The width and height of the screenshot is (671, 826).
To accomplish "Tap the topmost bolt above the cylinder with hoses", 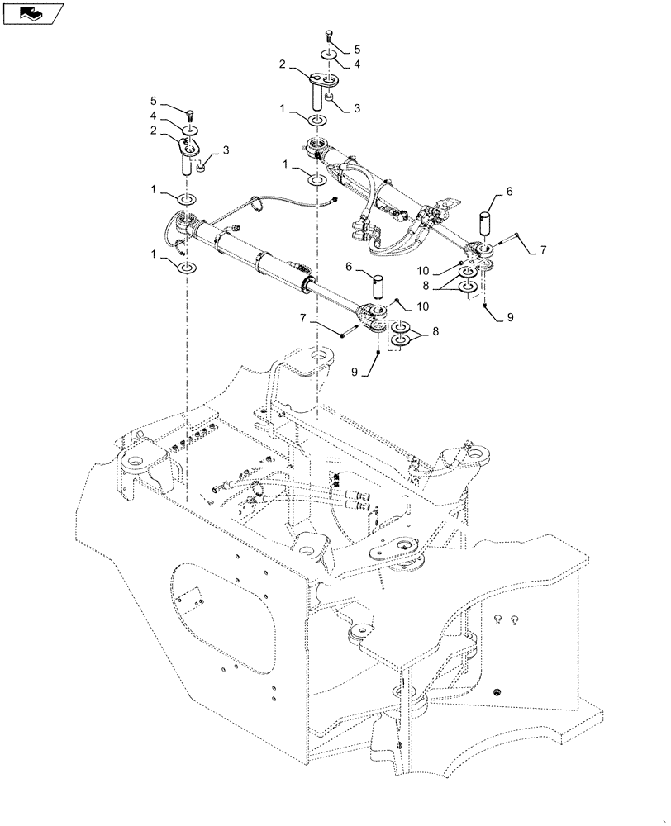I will point(329,36).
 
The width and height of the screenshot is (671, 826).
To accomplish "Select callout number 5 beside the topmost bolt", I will point(357,50).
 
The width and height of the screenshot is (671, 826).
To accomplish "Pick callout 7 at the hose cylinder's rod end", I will point(542,249).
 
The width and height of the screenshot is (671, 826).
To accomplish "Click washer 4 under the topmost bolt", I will point(329,55).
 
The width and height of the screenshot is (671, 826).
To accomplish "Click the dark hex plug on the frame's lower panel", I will point(497,691).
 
